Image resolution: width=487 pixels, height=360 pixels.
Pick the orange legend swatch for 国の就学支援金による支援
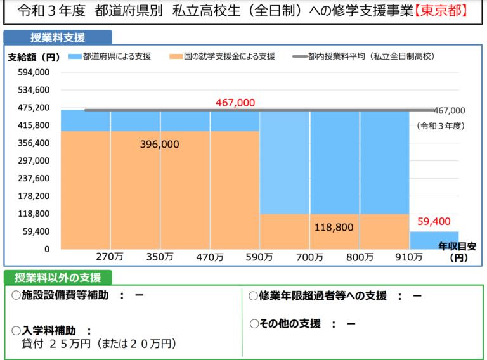point(174,56)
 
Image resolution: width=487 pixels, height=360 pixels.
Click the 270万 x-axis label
point(108,257)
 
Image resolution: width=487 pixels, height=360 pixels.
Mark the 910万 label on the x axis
point(409,257)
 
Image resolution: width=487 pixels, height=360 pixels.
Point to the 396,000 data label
point(159,145)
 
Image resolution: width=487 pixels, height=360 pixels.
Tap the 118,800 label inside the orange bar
point(334,226)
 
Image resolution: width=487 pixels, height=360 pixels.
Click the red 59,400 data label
point(434,221)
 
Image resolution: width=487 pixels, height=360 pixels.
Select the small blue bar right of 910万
point(434,240)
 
